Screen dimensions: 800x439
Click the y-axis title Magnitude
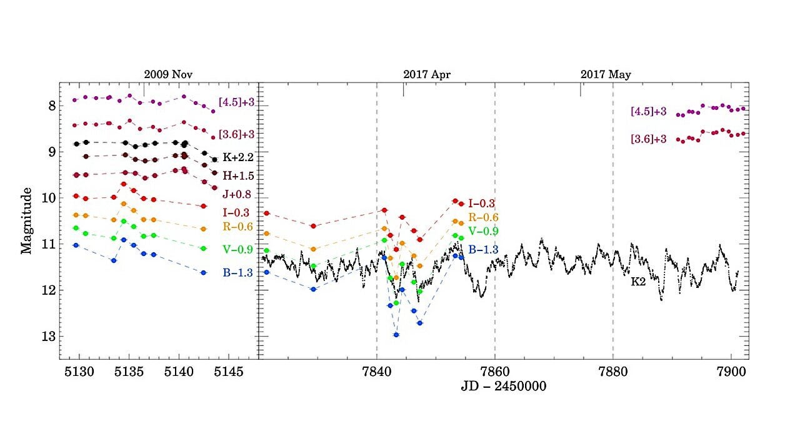click(26, 220)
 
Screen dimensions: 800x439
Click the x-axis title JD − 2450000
click(504, 386)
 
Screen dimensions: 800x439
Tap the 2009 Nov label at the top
click(168, 74)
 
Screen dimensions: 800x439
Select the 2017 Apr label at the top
click(427, 74)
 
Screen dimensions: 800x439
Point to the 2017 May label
click(606, 74)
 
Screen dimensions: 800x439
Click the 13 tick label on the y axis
click(49, 336)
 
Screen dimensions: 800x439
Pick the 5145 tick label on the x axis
click(229, 372)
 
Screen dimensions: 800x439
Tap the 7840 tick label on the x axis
click(377, 372)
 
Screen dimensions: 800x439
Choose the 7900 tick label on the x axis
click(731, 372)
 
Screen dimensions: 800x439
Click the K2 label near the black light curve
click(638, 282)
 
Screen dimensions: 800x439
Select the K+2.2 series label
click(238, 157)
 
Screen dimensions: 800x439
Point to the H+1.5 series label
click(238, 175)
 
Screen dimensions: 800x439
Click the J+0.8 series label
click(237, 194)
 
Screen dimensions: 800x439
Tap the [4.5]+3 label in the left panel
click(236, 102)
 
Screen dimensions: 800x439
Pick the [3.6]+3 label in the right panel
click(649, 139)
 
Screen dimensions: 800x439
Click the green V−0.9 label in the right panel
click(483, 231)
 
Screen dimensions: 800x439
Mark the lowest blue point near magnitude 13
click(396, 335)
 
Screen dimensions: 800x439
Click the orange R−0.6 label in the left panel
click(238, 227)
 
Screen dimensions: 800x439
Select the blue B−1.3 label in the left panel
click(238, 273)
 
